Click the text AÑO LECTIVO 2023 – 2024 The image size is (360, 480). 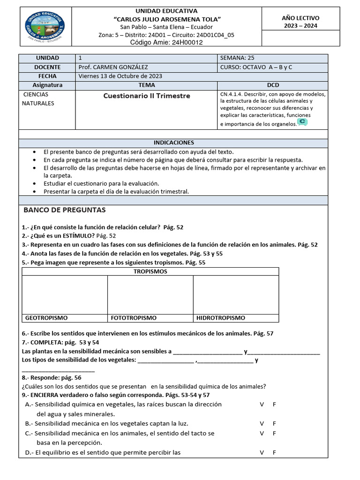tap(300, 22)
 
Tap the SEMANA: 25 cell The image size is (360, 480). tap(237, 58)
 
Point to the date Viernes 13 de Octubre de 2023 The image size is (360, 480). tap(120, 76)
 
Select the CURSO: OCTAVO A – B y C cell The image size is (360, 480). tap(256, 67)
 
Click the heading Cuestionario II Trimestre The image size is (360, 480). tap(147, 96)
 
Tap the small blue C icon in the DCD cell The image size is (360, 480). tap(302, 122)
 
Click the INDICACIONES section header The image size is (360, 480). tap(173, 142)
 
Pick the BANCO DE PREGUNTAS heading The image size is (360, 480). tap(65, 210)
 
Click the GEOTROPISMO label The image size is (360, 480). tap(46, 318)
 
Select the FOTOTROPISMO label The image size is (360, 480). tap(134, 318)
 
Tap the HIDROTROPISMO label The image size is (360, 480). tap(220, 318)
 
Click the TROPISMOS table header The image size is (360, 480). tap(150, 271)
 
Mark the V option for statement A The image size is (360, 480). tap(262, 404)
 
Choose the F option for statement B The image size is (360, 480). tap(274, 423)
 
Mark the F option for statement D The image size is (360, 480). tap(274, 452)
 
